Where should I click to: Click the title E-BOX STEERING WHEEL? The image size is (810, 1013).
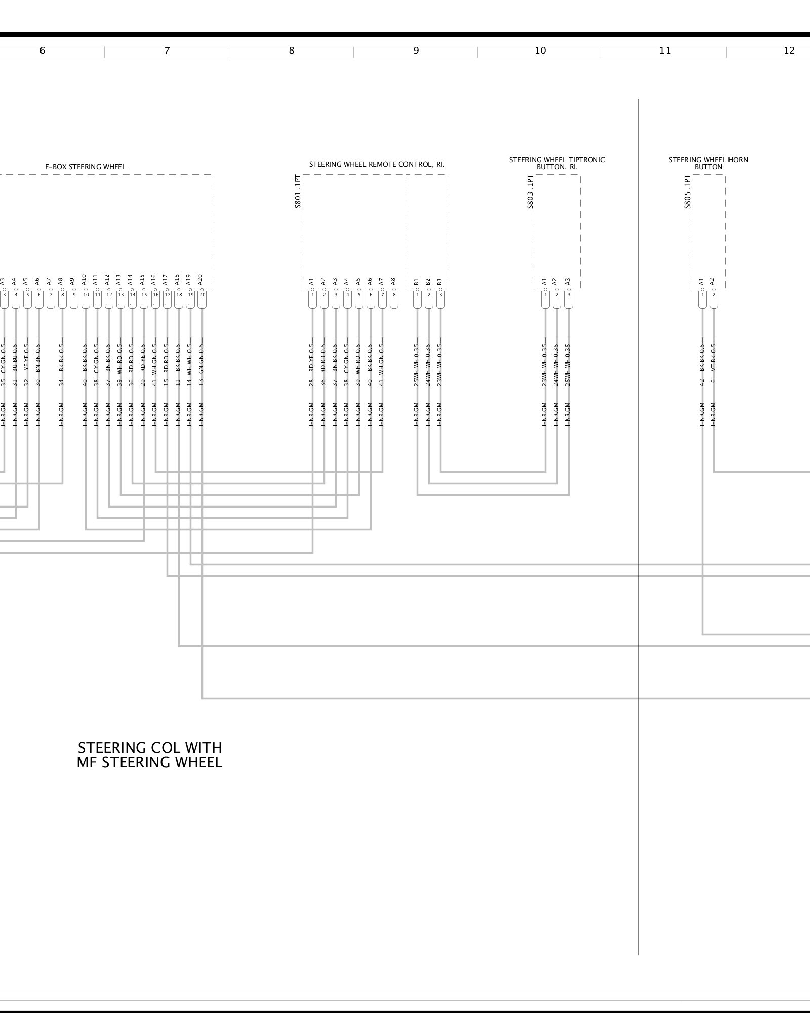[x=85, y=167]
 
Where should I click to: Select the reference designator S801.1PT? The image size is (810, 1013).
[x=298, y=191]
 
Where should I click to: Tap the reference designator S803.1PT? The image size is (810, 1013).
[x=530, y=191]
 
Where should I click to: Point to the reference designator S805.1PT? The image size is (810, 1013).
[x=687, y=191]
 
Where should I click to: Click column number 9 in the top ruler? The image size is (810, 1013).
[x=416, y=50]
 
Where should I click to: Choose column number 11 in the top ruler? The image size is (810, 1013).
[x=665, y=50]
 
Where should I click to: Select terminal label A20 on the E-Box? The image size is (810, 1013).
[x=200, y=279]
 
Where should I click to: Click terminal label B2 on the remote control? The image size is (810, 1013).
[x=428, y=281]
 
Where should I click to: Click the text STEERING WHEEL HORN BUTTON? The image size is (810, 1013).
[x=708, y=163]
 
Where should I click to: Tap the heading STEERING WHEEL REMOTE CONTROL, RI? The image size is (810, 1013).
[x=377, y=164]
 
